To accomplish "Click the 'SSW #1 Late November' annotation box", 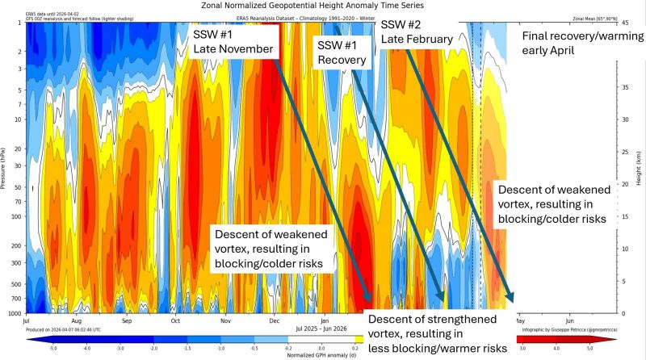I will (234, 43).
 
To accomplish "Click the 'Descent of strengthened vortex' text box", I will (437, 333).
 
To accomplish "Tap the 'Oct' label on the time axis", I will (175, 320).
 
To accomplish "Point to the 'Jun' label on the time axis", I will (571, 320).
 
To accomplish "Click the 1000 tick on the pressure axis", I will (16, 313).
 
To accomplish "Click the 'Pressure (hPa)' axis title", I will (5, 168).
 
